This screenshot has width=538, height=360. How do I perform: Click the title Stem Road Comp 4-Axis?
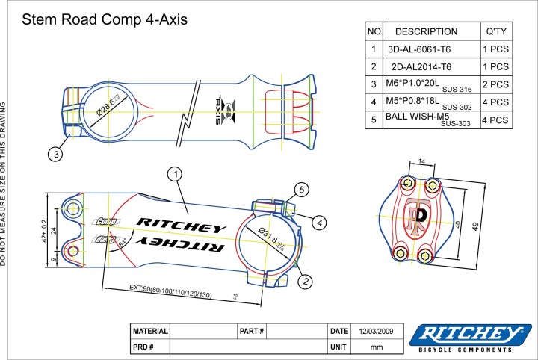click(105, 19)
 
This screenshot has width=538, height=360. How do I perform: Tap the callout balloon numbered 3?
click(55, 155)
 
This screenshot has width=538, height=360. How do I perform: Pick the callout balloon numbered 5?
click(300, 190)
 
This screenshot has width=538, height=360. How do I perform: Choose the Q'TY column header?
click(496, 32)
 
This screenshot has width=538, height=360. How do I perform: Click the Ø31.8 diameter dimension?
click(271, 239)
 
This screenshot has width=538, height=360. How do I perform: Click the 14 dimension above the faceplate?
click(421, 161)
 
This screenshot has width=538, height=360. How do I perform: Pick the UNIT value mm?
click(378, 347)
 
